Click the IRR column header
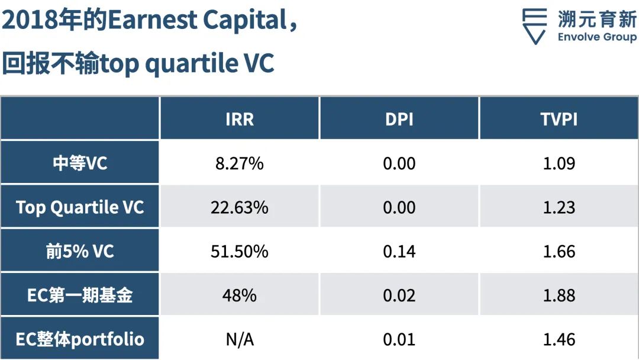(x=240, y=119)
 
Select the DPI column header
(x=399, y=119)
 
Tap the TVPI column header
(x=559, y=119)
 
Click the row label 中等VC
(x=80, y=163)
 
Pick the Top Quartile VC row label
(x=80, y=207)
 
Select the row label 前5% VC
(x=80, y=251)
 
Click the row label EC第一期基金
(x=80, y=295)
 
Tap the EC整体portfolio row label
(x=80, y=339)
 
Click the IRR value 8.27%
(x=240, y=163)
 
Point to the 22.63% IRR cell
(x=240, y=207)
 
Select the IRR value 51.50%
(x=240, y=252)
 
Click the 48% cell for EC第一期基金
(x=240, y=295)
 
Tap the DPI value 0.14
(x=399, y=252)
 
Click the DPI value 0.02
(x=399, y=295)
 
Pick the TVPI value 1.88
(x=559, y=295)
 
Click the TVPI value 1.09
(x=559, y=163)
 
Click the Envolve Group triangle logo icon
(x=534, y=26)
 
